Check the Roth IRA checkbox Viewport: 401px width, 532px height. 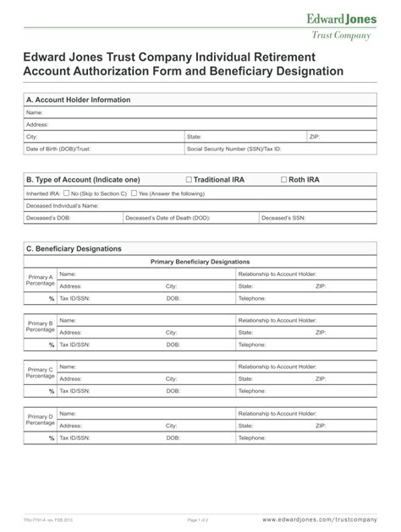[x=283, y=180]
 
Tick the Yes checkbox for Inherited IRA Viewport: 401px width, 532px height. [x=134, y=193]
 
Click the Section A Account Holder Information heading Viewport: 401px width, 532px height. [x=78, y=100]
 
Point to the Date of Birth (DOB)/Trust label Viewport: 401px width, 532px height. [x=58, y=149]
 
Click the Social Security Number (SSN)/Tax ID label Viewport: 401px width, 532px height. [x=233, y=149]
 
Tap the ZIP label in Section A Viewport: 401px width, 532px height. [x=315, y=136]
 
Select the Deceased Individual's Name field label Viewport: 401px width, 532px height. [x=63, y=205]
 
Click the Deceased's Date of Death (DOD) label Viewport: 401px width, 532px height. [x=168, y=217]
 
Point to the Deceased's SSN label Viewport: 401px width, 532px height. [x=283, y=217]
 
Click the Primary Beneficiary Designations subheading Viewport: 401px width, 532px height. [x=200, y=262]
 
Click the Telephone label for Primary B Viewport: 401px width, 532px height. [x=252, y=345]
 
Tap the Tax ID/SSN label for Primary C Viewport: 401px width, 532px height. [x=74, y=391]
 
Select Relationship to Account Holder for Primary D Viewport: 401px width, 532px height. [x=277, y=414]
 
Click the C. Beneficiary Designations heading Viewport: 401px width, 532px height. [x=74, y=249]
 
